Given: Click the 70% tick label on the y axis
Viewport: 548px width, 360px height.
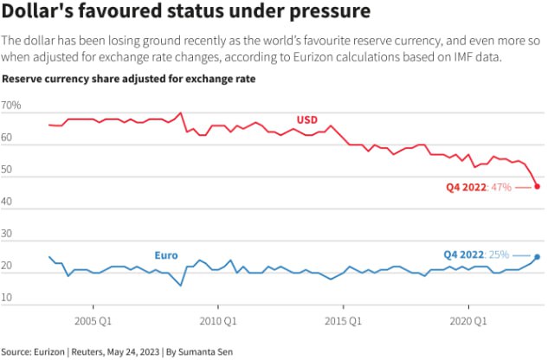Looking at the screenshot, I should [x=12, y=106].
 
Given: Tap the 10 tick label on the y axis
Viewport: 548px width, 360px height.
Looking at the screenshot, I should [x=9, y=299].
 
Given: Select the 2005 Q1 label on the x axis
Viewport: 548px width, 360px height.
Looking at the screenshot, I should [x=93, y=319].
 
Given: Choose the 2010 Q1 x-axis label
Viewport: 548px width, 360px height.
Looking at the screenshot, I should [x=219, y=319].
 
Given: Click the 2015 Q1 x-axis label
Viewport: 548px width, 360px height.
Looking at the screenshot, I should [x=345, y=319].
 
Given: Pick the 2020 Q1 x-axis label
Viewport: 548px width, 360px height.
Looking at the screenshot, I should [x=470, y=319].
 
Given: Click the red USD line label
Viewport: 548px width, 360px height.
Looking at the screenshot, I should [x=307, y=119].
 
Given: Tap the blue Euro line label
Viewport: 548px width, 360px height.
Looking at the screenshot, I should [x=166, y=255].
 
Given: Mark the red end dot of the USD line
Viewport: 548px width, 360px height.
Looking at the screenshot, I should [x=537, y=186].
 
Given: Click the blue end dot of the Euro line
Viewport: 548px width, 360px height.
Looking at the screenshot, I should [x=537, y=256].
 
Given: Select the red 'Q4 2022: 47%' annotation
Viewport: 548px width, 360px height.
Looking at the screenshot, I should [x=479, y=186].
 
